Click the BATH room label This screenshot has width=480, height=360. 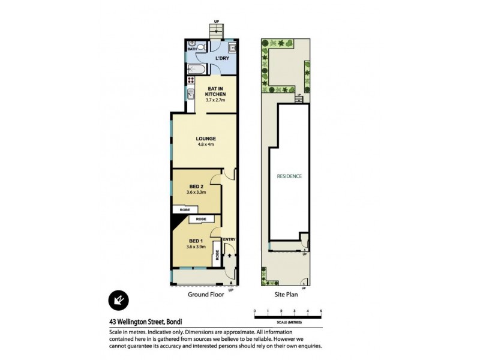(x=191, y=50)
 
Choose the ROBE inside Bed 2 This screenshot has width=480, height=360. (x=181, y=210)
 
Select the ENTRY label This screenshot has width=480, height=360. (x=229, y=240)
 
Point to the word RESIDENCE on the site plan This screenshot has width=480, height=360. (x=289, y=176)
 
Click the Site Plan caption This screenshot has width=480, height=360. (x=286, y=294)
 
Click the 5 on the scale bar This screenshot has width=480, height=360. (x=321, y=311)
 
